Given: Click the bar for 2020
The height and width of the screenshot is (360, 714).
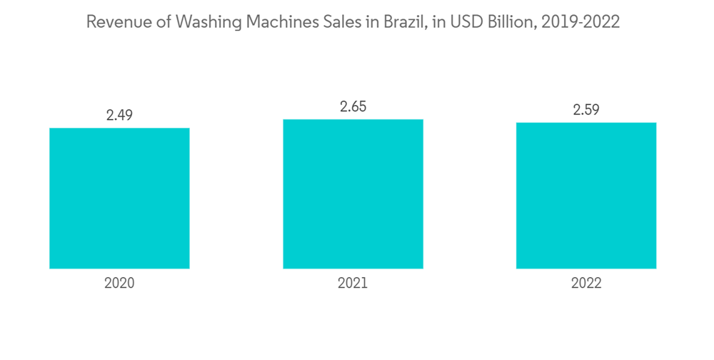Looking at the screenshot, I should tap(119, 198).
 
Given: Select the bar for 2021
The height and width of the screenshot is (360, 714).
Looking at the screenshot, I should tap(353, 194).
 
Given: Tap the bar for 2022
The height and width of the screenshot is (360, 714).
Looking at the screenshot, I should tap(586, 196).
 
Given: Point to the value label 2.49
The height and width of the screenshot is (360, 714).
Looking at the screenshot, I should tap(119, 115).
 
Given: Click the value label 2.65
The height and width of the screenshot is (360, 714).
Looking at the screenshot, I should tap(353, 106).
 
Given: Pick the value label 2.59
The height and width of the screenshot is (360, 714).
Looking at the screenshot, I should tap(586, 110).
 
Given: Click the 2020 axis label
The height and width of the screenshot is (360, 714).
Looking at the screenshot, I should tap(119, 283).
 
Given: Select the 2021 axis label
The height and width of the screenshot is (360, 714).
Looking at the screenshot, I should tap(353, 283).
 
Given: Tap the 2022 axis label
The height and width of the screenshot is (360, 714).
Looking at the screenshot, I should tap(586, 283).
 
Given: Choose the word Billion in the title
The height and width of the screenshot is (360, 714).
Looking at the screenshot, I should tap(511, 23).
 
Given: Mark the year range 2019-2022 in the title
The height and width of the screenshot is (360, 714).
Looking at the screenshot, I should tap(580, 23).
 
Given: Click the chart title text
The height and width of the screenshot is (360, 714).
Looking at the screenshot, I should tap(353, 23).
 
